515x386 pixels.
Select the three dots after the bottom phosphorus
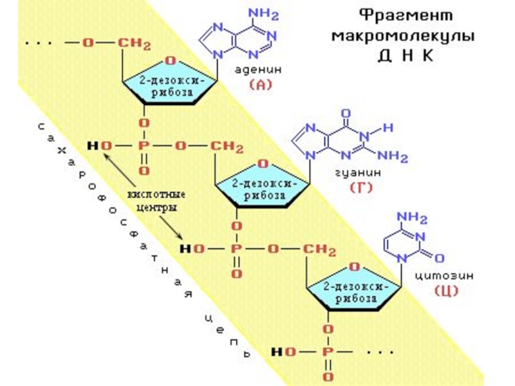click(x=380, y=353)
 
